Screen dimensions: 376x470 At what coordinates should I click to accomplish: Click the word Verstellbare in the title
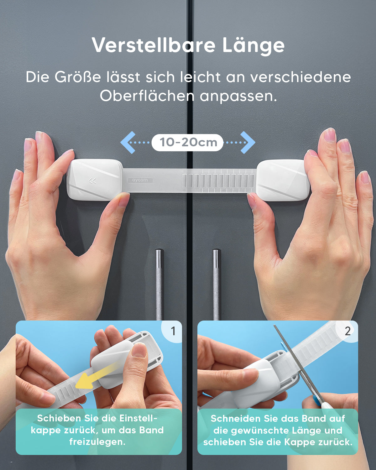pos(153,45)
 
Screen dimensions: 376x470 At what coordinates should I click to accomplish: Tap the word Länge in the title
pos(253,45)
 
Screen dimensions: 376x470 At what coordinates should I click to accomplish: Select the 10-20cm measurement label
pos(187,142)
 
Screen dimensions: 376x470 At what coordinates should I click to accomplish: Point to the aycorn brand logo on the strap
pos(140,180)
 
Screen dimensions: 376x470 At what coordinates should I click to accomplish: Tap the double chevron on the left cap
pos(92,181)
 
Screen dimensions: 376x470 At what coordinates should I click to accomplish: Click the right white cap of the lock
pos(283,180)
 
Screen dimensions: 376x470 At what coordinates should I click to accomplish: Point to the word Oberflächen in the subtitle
pos(147,96)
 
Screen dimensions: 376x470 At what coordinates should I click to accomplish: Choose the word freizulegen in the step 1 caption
pos(97,442)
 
